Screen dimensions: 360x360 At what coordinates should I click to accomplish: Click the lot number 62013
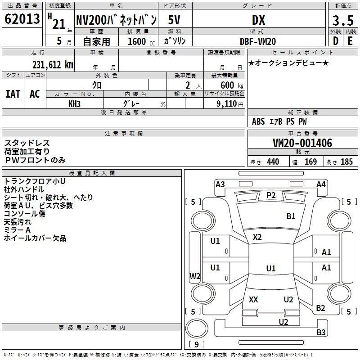pos(22,19)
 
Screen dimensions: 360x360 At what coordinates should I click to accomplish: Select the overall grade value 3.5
pos(342,20)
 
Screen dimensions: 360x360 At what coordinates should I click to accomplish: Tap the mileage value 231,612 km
pos(53,64)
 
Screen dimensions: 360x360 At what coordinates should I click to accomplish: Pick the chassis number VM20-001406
pos(302,143)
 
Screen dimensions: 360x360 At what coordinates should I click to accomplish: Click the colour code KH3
pos(74,103)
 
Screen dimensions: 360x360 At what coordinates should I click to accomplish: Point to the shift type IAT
pos(13,94)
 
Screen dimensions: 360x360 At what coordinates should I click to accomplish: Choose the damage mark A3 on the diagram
pos(220,184)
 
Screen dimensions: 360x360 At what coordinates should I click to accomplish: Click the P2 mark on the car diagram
pos(271,195)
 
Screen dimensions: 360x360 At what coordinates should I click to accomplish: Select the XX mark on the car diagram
pos(253,299)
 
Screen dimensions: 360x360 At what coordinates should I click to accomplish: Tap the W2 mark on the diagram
pos(194,276)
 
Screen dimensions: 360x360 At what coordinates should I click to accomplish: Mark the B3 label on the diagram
pos(321,333)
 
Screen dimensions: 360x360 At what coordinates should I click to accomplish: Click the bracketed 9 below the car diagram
pos(196,344)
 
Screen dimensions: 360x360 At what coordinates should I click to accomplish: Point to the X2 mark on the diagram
pos(257,237)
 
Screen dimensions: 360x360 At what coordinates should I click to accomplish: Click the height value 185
pos(346,162)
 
